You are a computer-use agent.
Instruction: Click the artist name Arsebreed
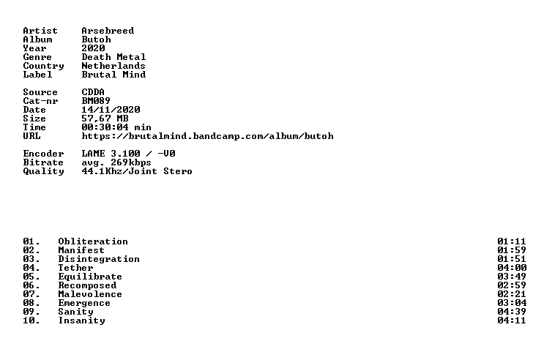tap(108, 31)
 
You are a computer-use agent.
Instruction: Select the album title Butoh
tap(96, 40)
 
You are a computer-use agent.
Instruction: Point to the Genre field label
tap(37, 57)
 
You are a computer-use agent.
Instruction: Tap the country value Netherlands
tap(113, 66)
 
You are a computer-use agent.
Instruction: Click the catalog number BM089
tap(96, 101)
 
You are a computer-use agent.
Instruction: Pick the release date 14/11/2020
tap(111, 110)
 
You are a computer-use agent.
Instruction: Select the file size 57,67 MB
tap(105, 119)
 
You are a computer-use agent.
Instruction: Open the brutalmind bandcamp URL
tap(207, 136)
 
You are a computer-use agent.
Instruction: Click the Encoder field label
tap(43, 154)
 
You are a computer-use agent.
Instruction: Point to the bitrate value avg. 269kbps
tap(116, 162)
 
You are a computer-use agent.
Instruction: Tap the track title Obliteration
tap(93, 241)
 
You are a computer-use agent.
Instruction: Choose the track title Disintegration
tap(99, 259)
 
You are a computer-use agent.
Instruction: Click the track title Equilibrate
tap(90, 277)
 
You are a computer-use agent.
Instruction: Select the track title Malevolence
tap(90, 294)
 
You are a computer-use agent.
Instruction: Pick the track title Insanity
tap(81, 320)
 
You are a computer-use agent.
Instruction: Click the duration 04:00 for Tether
tap(512, 268)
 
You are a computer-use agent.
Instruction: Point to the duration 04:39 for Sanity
tap(512, 312)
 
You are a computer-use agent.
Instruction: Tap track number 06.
tap(31, 285)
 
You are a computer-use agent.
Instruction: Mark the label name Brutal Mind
tap(113, 75)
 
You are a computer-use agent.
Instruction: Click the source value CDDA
tap(93, 92)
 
